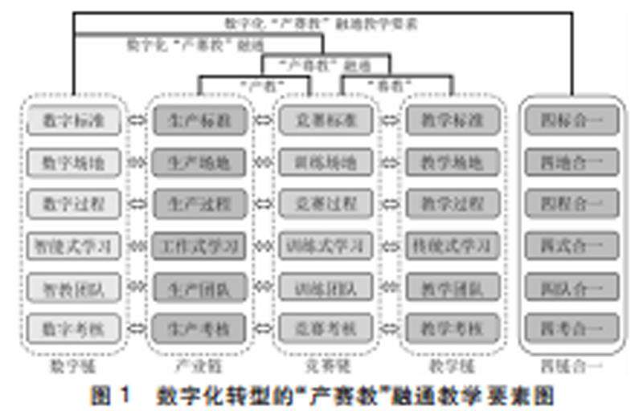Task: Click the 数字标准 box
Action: pyautogui.click(x=73, y=121)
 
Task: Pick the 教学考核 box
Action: pyautogui.click(x=452, y=328)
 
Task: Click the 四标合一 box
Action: pyautogui.click(x=572, y=121)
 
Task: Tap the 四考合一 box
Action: pyautogui.click(x=572, y=328)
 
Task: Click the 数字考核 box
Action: pyautogui.click(x=73, y=328)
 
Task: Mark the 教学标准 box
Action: pyautogui.click(x=452, y=121)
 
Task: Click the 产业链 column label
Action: pyautogui.click(x=198, y=366)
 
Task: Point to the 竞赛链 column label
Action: pyautogui.click(x=325, y=366)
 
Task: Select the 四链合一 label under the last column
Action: pyautogui.click(x=572, y=366)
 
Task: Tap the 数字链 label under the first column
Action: pyautogui.click(x=73, y=366)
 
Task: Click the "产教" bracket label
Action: pyautogui.click(x=262, y=83)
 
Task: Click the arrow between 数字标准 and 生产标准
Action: pyautogui.click(x=137, y=121)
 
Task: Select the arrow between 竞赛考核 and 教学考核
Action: pyautogui.click(x=389, y=328)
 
